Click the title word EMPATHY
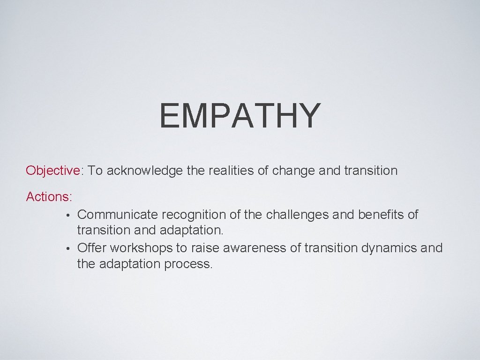pos(240,116)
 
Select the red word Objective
pos(53,170)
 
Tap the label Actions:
pos(49,197)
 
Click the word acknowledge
pos(144,171)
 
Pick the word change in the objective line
pos(293,171)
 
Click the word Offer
pos(91,247)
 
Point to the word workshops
pos(141,248)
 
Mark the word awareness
pos(247,247)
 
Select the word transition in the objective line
pos(370,170)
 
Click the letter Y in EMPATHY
pos(308,116)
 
